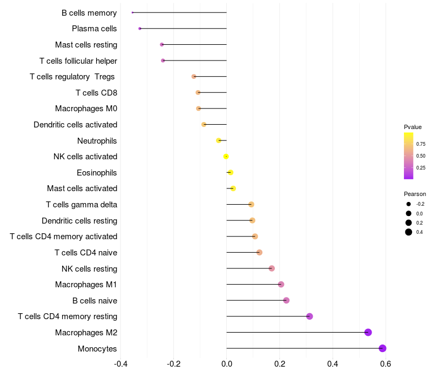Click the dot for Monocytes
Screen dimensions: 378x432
click(382, 348)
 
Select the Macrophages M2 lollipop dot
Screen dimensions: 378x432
click(368, 332)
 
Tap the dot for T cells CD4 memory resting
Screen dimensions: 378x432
click(309, 316)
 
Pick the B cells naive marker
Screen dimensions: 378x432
click(286, 300)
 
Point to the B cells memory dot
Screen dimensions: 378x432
click(132, 12)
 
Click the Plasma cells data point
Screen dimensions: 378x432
click(140, 29)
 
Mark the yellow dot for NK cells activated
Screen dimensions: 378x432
click(226, 157)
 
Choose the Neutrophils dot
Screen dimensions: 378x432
click(218, 140)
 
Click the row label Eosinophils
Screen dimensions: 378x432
click(97, 173)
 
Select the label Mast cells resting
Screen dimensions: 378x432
click(86, 45)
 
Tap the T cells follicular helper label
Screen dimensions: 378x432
click(78, 60)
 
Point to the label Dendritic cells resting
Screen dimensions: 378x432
click(79, 221)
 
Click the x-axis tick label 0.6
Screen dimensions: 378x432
click(386, 364)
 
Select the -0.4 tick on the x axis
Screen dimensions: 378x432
click(120, 364)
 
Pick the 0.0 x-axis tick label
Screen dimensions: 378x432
click(226, 364)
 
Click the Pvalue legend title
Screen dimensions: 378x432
click(413, 127)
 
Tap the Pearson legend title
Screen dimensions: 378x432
click(415, 194)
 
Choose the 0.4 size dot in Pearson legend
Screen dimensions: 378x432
click(409, 232)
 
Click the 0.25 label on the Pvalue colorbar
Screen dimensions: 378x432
click(421, 168)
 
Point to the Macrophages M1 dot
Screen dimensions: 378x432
click(281, 285)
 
